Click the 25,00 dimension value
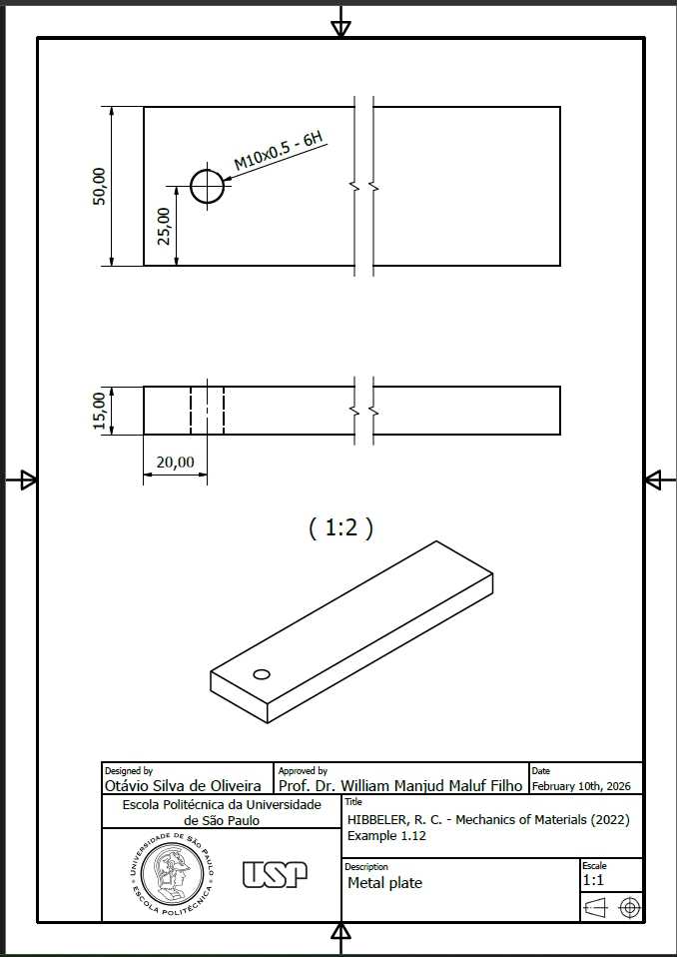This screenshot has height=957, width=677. (164, 226)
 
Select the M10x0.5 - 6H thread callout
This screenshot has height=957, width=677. (279, 151)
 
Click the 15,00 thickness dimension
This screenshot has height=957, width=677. (100, 411)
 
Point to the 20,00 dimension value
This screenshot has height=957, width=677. (175, 463)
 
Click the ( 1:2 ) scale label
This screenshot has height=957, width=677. (340, 527)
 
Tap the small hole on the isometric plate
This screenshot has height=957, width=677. (261, 674)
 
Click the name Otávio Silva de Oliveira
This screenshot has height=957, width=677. (183, 785)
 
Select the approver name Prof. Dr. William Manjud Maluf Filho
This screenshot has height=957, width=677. (400, 785)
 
